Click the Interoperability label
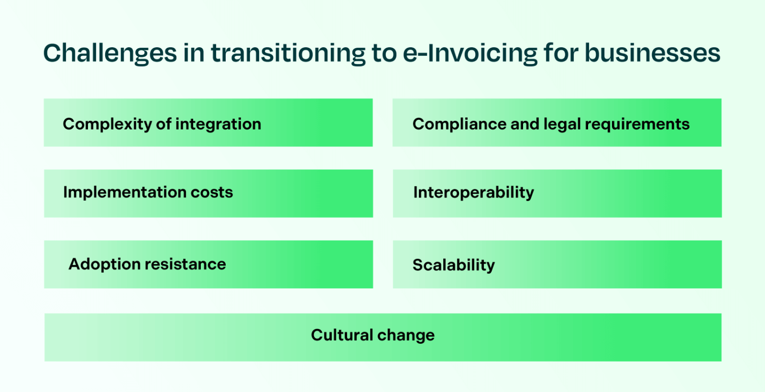point(473,192)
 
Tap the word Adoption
point(104,264)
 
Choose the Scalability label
point(453,265)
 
